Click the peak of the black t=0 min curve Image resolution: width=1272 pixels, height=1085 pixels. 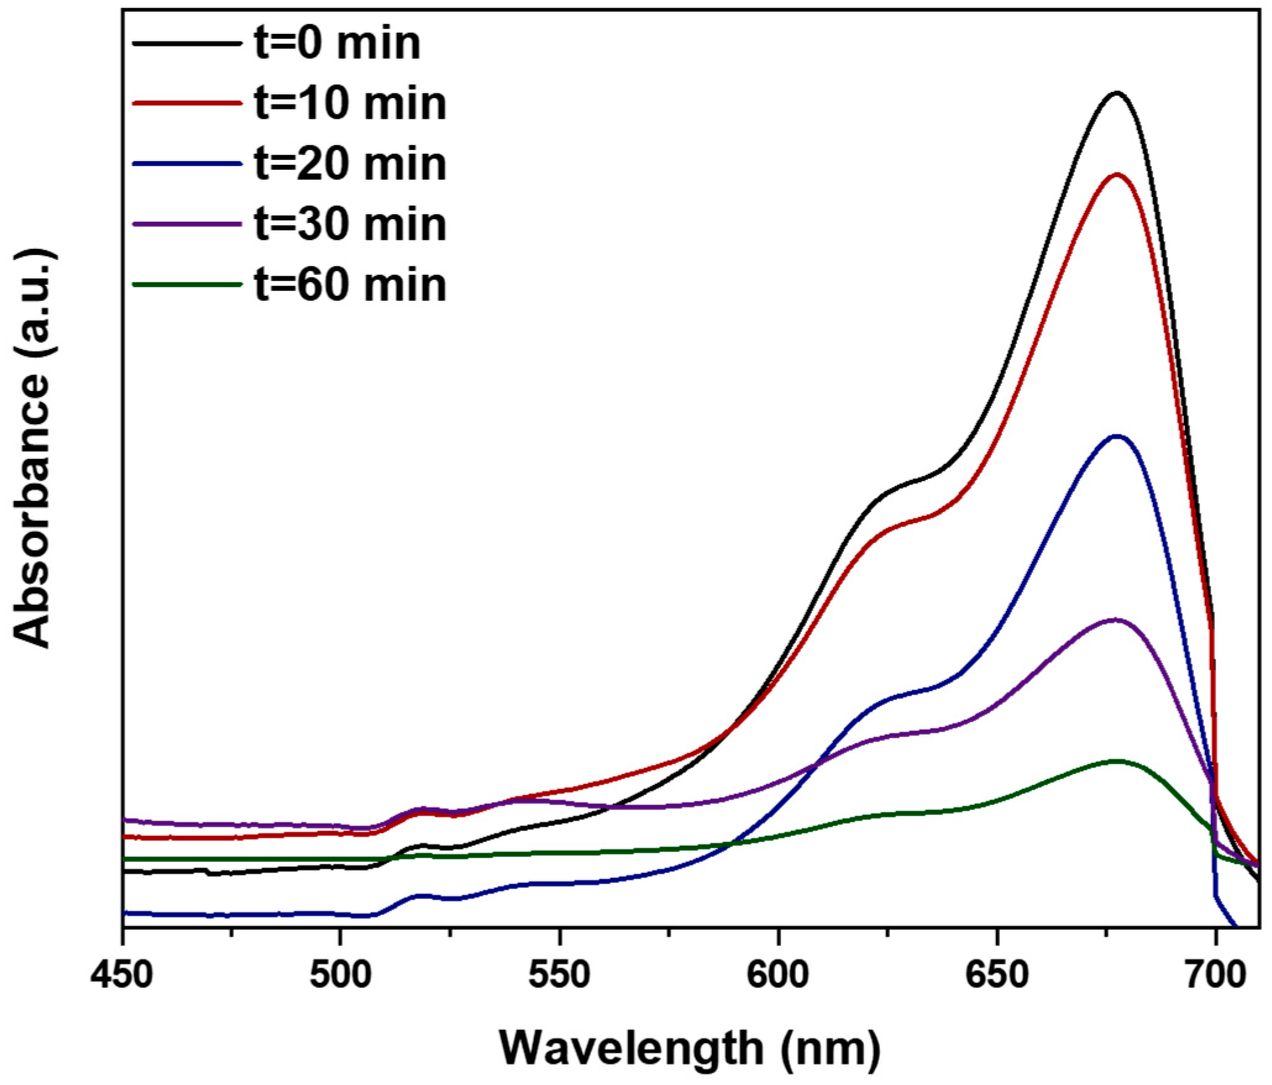(1116, 93)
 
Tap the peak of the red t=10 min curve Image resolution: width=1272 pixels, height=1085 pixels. (1116, 175)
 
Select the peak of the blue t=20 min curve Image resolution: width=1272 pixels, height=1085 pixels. (1116, 437)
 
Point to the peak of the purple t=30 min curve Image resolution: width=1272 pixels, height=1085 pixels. (1115, 619)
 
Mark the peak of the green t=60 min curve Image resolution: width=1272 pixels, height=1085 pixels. (1116, 761)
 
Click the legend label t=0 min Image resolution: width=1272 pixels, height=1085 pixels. (338, 43)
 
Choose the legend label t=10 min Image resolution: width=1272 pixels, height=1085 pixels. (350, 103)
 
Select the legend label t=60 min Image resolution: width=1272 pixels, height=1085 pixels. (350, 285)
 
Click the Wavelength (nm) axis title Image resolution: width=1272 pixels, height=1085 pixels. (690, 1049)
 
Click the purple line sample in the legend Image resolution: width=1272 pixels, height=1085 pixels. (187, 224)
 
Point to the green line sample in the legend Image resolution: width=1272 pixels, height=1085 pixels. (187, 285)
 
